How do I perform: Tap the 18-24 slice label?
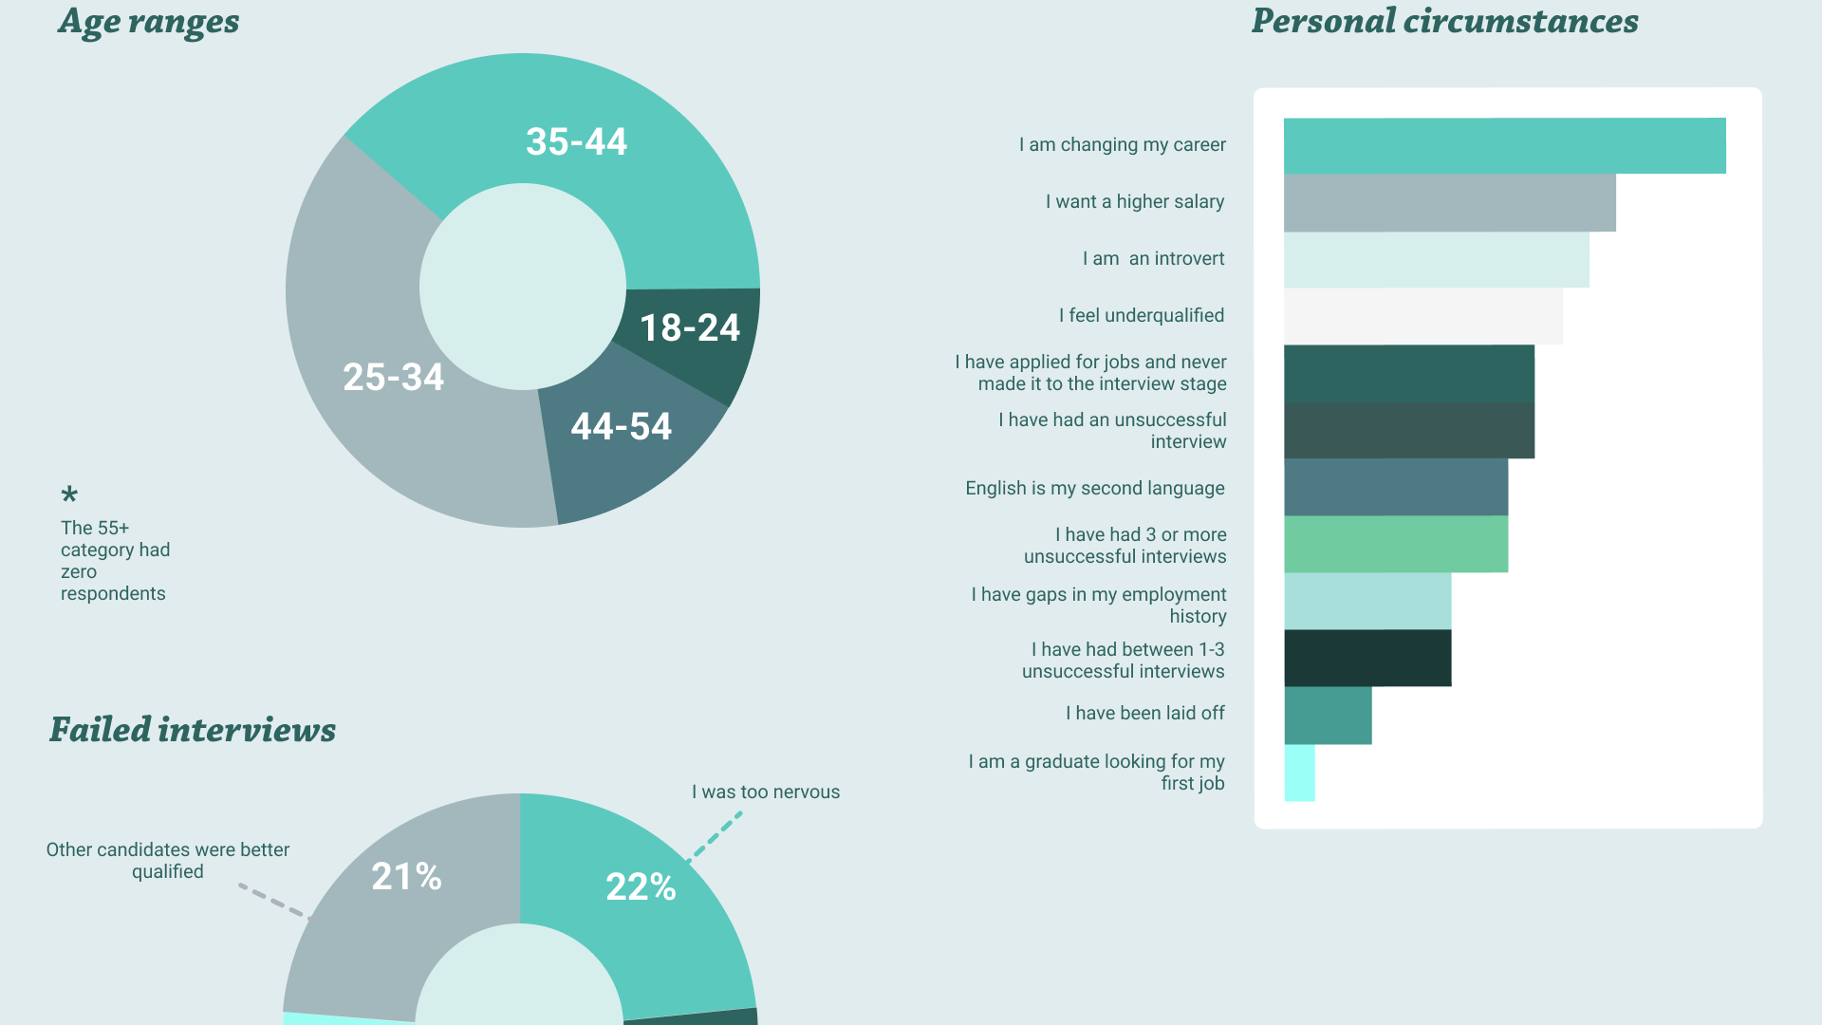690,328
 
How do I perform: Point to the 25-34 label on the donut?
393,378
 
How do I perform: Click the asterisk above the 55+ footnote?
69,494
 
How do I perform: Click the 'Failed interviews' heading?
193,730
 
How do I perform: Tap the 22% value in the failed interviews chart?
641,887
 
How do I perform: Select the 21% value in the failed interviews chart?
406,877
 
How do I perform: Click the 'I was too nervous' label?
766,792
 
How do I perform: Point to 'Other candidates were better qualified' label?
168,861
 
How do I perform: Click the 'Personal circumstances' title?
1445,21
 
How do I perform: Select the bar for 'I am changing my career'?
1505,145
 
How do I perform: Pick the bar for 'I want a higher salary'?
1450,202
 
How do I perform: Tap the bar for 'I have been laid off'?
1328,716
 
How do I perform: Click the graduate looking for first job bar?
1299,773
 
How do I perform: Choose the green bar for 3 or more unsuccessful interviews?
1396,544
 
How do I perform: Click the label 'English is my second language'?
1095,489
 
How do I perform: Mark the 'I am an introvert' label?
1154,259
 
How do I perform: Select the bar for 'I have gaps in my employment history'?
1367,601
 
